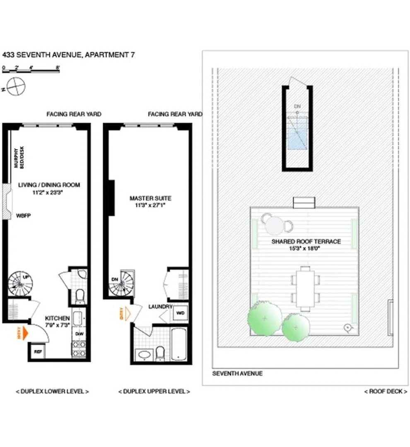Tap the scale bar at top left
pos(31,71)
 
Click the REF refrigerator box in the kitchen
pos(38,352)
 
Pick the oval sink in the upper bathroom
pos(144,355)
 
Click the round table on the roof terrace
pos(274,226)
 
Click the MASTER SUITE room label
pos(150,198)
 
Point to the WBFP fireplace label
pos(24,216)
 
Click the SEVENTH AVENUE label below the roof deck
pos(237,373)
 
